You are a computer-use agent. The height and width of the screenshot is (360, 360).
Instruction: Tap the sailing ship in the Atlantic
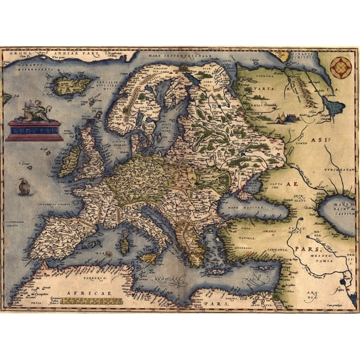pos(24,187)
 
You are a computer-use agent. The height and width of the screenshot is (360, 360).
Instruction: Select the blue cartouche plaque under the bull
pos(34,130)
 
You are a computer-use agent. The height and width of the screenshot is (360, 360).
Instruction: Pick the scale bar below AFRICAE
pos(91,301)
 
